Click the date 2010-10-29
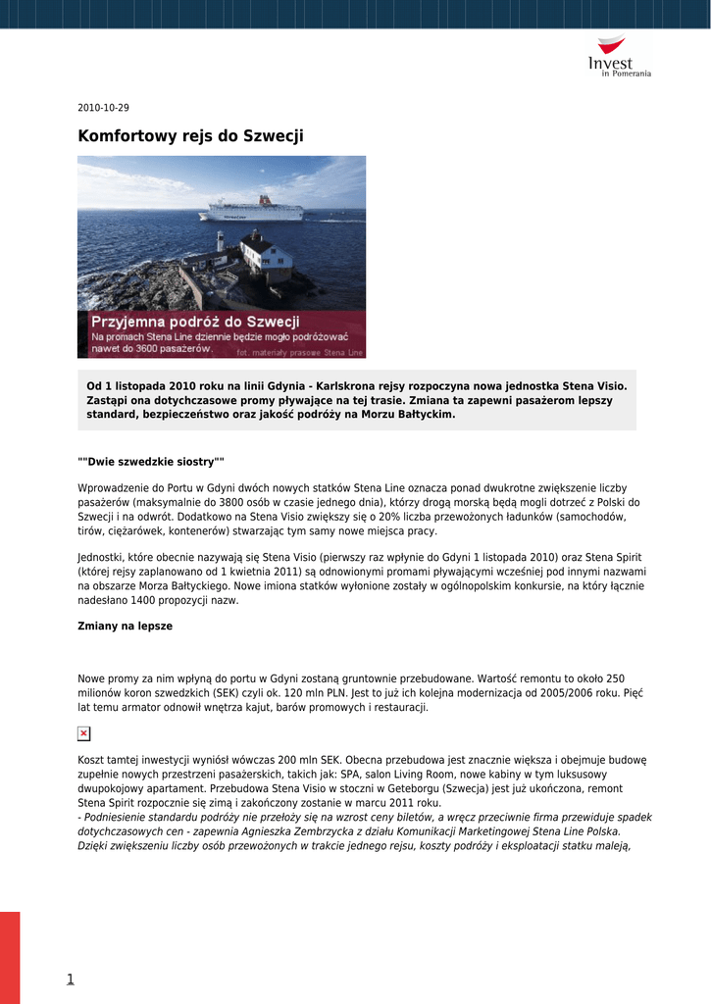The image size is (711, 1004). [103, 108]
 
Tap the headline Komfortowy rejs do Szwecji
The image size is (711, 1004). [190, 136]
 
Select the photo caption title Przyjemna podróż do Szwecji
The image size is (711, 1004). [195, 322]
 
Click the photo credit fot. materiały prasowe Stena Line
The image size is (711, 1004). [299, 352]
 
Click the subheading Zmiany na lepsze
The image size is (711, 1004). [125, 626]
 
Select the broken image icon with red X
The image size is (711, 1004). [84, 733]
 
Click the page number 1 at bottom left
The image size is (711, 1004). [71, 979]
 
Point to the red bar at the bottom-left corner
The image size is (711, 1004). [10, 957]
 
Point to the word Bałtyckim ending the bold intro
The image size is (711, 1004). [417, 415]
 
